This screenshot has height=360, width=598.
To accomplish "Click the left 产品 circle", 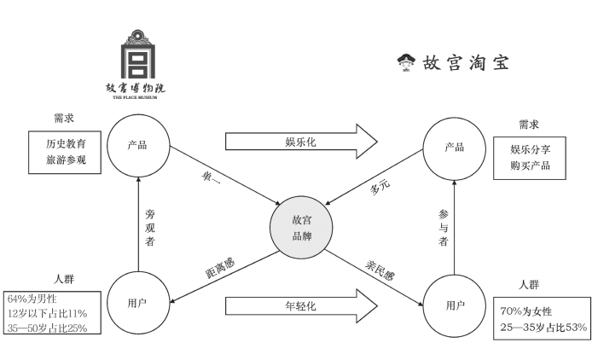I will click(x=137, y=144).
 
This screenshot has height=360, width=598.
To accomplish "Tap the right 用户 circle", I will click(x=455, y=305).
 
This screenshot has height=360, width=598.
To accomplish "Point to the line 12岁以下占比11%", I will click(x=48, y=313).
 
